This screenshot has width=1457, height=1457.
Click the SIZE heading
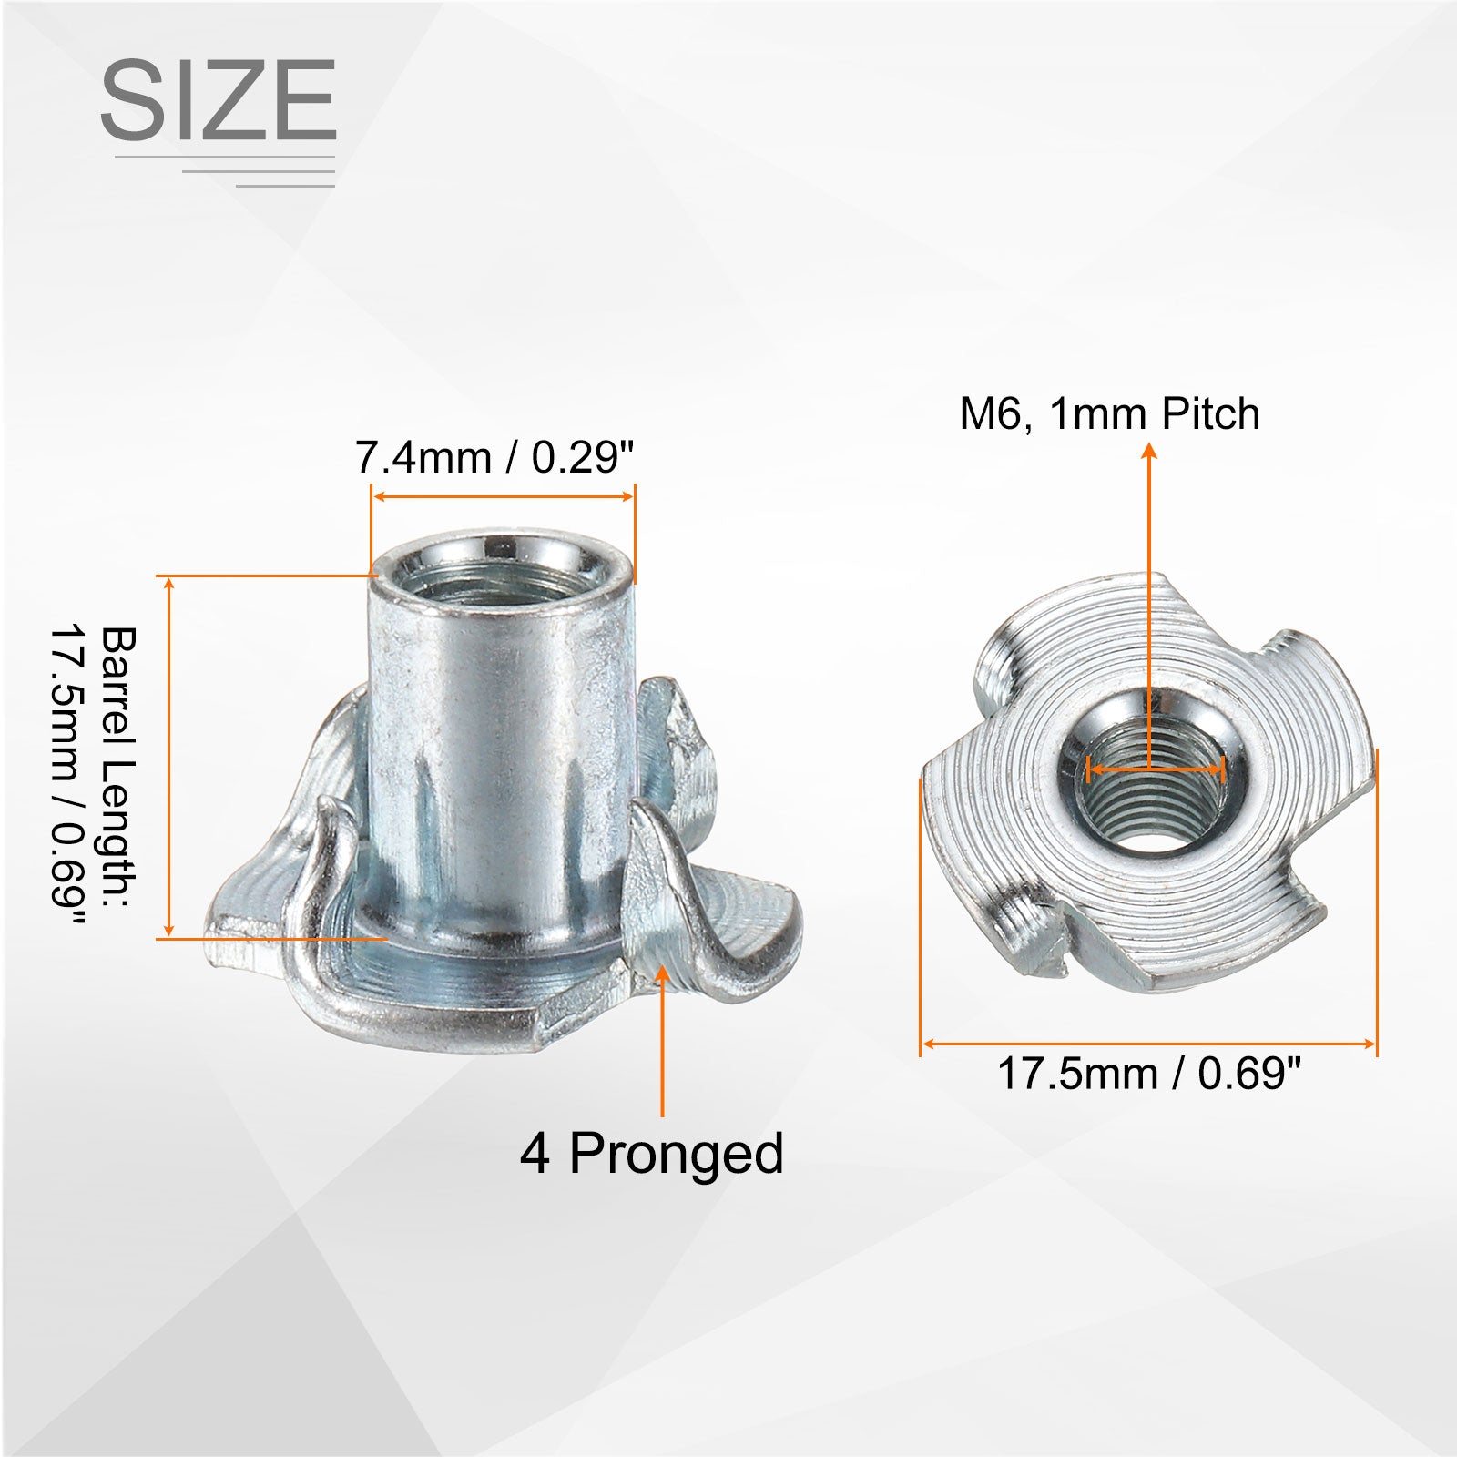coord(219,100)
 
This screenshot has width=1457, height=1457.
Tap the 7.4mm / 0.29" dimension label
coord(494,456)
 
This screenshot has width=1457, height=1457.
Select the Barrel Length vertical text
coord(95,763)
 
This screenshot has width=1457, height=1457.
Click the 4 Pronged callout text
coord(652,1153)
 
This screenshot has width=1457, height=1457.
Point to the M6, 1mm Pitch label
coord(1109,413)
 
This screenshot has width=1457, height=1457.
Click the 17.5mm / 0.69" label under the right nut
coord(1149,1073)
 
